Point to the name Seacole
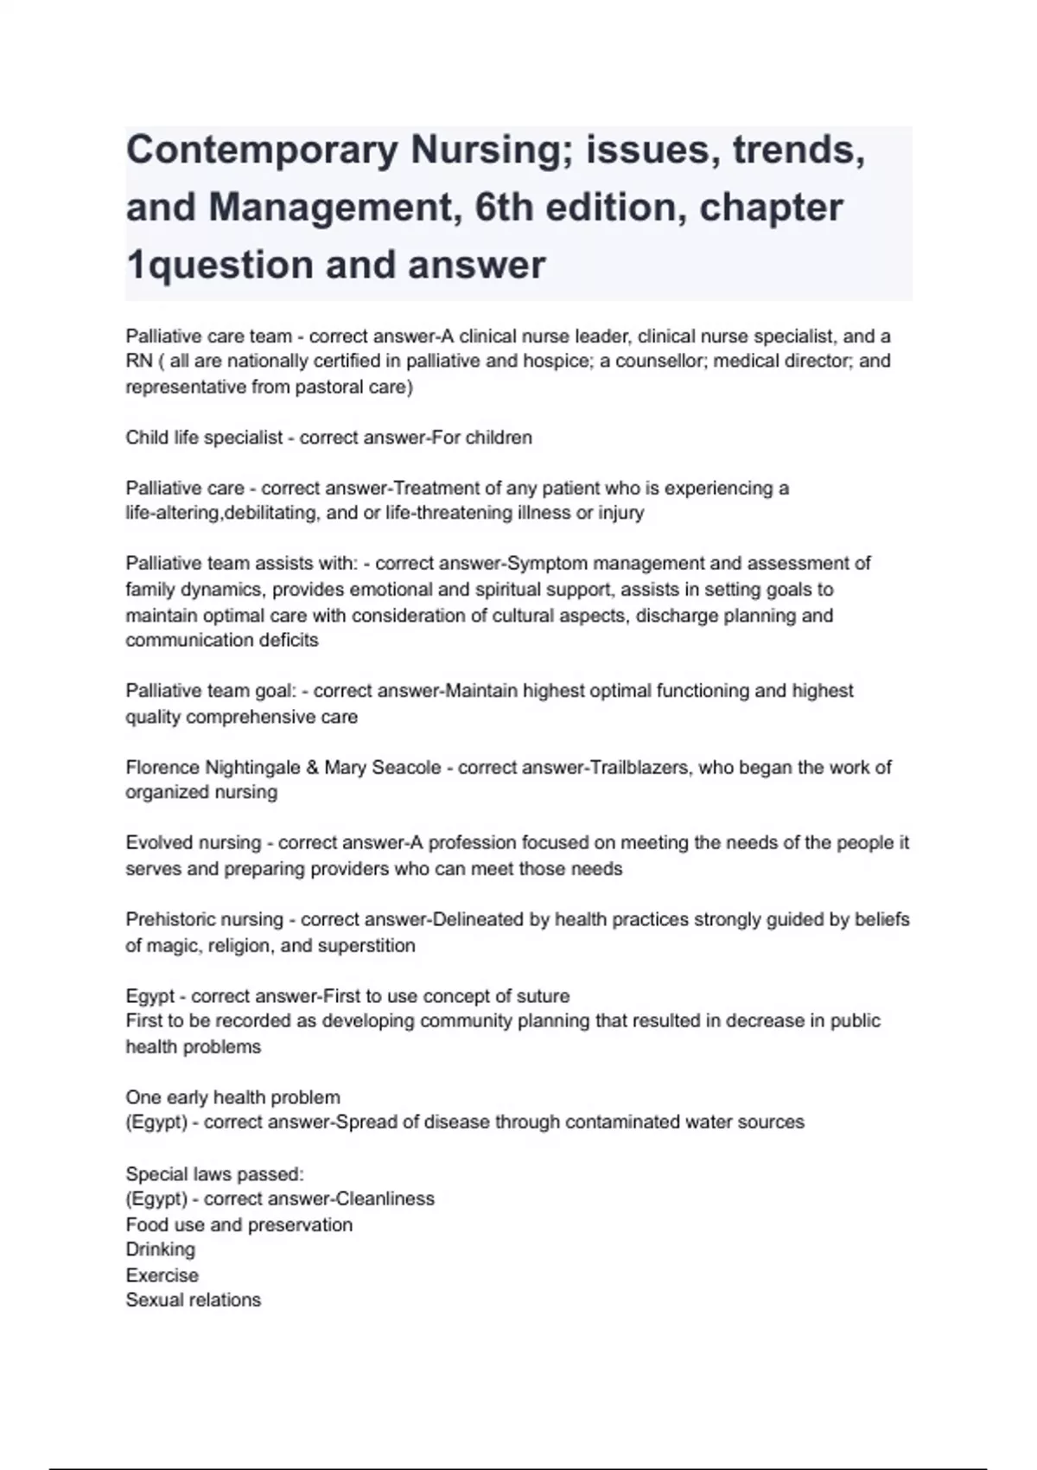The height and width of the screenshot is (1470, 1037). [x=406, y=768]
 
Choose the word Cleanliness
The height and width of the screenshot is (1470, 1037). [x=385, y=1199]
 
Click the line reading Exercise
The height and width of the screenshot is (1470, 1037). [x=162, y=1275]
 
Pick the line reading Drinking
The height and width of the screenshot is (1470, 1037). [x=160, y=1249]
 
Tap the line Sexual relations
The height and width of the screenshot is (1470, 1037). [x=193, y=1301]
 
